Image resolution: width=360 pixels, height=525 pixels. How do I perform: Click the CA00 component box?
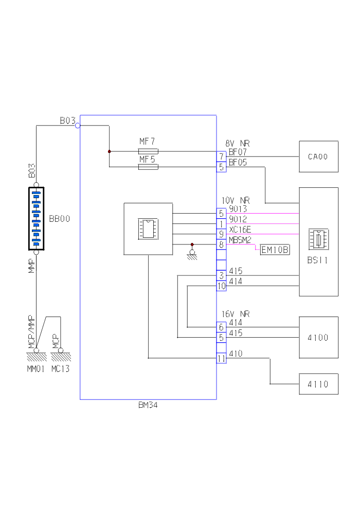[x=318, y=156]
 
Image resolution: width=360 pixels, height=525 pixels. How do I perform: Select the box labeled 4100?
[x=318, y=338]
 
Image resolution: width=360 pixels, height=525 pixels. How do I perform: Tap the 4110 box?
[x=318, y=384]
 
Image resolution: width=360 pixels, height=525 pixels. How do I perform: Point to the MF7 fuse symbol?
[x=148, y=151]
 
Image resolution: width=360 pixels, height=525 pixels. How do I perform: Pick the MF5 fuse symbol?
[x=148, y=167]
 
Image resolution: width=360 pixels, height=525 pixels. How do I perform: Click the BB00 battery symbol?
[x=36, y=219]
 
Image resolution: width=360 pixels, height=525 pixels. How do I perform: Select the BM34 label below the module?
[x=148, y=405]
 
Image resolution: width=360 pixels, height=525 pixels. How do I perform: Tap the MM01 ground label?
[x=37, y=369]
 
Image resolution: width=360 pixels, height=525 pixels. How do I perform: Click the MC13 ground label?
[x=60, y=369]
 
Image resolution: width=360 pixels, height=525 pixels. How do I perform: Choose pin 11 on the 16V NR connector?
[x=221, y=359]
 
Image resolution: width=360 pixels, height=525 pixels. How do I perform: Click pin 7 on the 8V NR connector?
[x=221, y=156]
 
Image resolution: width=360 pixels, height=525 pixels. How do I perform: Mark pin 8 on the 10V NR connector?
[x=221, y=244]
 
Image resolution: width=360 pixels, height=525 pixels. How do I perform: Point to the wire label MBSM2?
[x=240, y=240]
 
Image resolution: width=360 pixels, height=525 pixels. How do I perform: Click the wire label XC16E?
[x=240, y=230]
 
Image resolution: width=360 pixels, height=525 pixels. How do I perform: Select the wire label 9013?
[x=238, y=209]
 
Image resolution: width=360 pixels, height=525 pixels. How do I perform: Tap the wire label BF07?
[x=238, y=152]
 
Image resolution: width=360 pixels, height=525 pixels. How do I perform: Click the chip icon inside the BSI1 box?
[x=318, y=239]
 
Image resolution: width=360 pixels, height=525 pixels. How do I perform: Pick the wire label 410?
[x=236, y=354]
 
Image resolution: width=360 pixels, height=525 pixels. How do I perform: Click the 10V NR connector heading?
[x=236, y=200]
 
